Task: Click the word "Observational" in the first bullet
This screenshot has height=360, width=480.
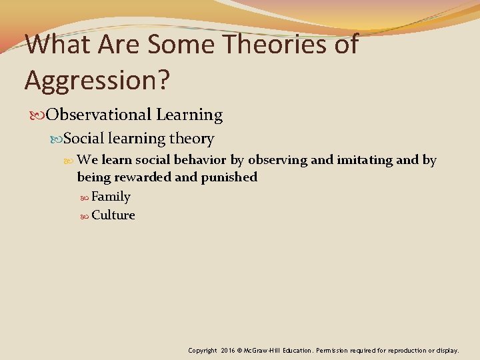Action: click(x=99, y=115)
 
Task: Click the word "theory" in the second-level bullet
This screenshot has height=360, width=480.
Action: click(x=193, y=139)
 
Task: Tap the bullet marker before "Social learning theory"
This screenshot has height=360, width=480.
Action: click(x=57, y=139)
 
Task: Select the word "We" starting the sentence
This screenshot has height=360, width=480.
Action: click(x=87, y=160)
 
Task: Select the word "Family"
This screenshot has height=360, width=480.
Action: click(x=111, y=197)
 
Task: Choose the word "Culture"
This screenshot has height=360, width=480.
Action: click(x=113, y=215)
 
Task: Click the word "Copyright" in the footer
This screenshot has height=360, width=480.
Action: click(x=203, y=350)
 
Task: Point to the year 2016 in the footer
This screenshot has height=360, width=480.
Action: click(x=230, y=350)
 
